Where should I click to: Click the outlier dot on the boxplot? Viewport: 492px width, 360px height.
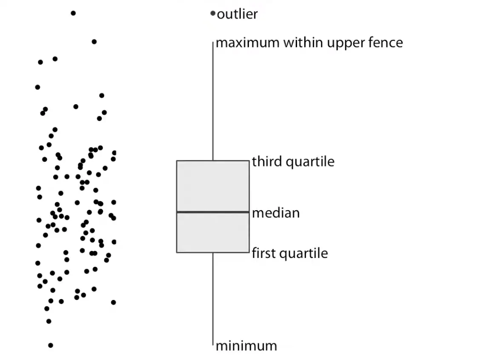(213, 14)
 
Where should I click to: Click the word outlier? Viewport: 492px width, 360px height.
(237, 14)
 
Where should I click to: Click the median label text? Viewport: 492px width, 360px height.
(276, 213)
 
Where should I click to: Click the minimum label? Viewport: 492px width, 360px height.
(246, 346)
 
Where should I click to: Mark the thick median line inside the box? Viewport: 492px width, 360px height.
(213, 211)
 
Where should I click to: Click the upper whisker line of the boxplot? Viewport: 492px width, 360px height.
(213, 102)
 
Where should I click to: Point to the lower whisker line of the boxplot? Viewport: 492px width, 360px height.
(213, 298)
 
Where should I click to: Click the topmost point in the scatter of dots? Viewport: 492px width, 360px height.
(73, 13)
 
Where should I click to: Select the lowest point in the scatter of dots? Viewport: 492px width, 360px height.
(51, 345)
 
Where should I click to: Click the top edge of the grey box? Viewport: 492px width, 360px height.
(213, 161)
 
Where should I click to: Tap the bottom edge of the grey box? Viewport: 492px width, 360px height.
(213, 252)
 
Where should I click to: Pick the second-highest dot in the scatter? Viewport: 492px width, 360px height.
(94, 42)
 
